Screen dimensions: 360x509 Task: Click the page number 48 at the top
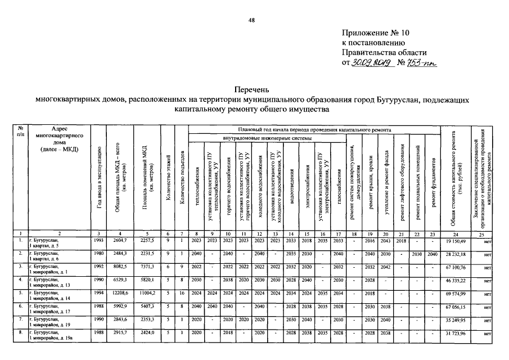click(252, 21)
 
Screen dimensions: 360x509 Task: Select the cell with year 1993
click(98, 240)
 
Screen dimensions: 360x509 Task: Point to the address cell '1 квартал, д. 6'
click(48, 256)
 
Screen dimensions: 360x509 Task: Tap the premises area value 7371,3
click(146, 267)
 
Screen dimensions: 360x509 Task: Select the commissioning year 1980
click(98, 254)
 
